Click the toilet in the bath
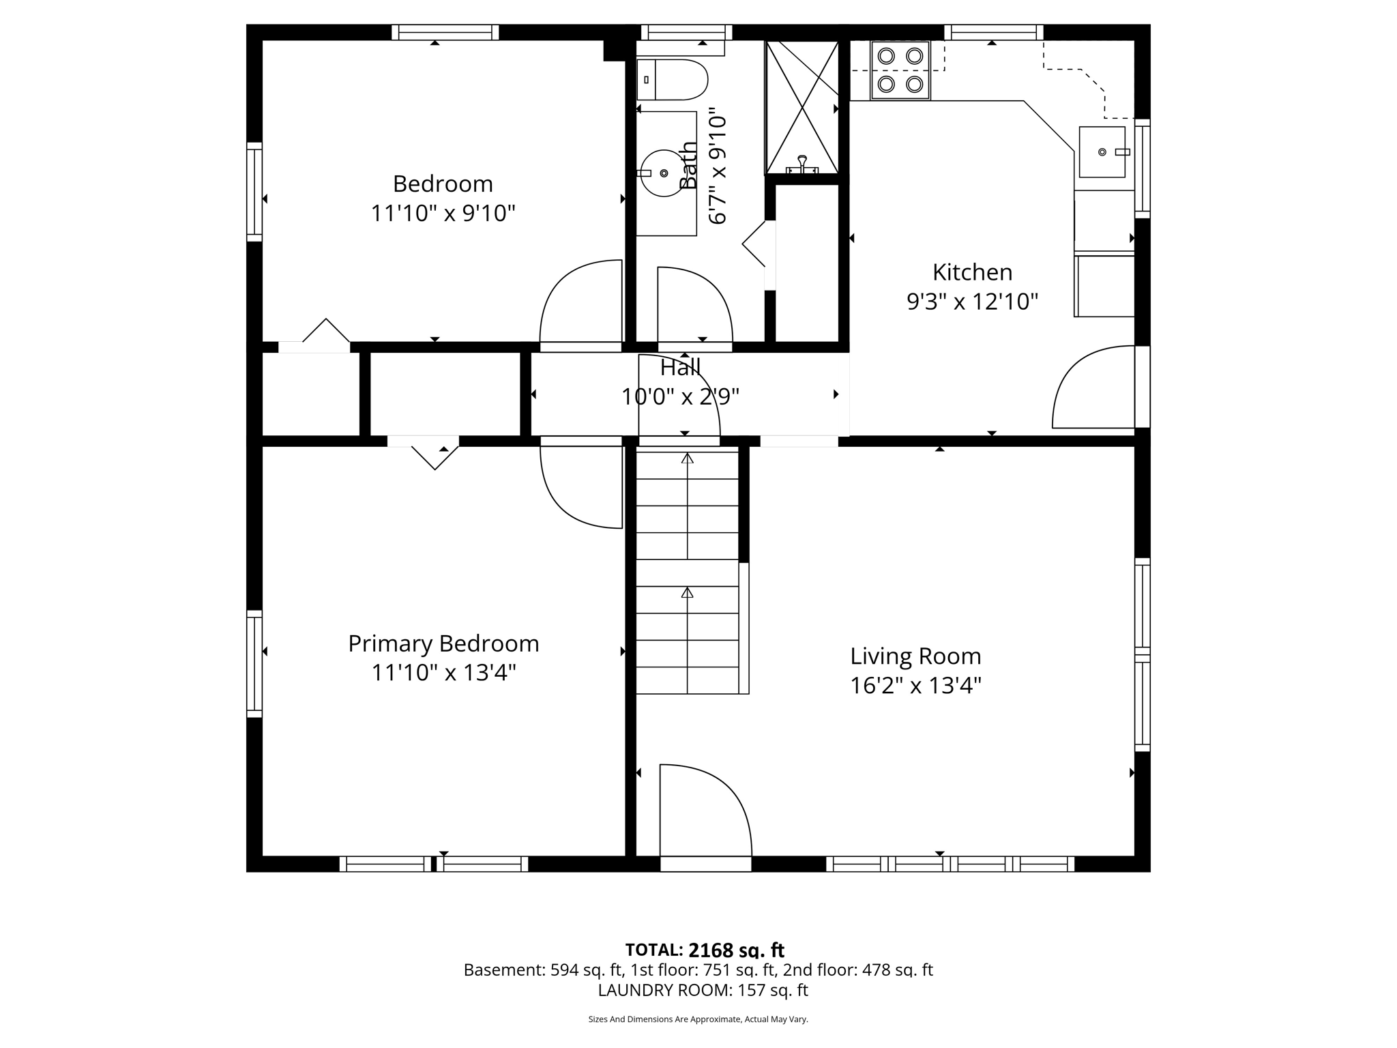pos(672,80)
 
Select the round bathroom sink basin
pos(662,173)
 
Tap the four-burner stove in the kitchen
pos(900,70)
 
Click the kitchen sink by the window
pos(1102,152)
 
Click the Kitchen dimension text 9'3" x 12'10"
pos(972,302)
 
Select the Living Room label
pos(915,656)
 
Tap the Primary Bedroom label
pos(443,643)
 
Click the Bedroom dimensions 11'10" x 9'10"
pos(443,214)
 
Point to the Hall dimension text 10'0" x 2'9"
pos(680,396)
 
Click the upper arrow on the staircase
pos(687,458)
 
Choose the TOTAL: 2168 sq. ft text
pos(705,950)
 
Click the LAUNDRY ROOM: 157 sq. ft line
pos(703,990)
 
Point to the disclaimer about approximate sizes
pos(698,1019)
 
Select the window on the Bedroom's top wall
pos(445,32)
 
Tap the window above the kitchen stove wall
pos(993,32)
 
